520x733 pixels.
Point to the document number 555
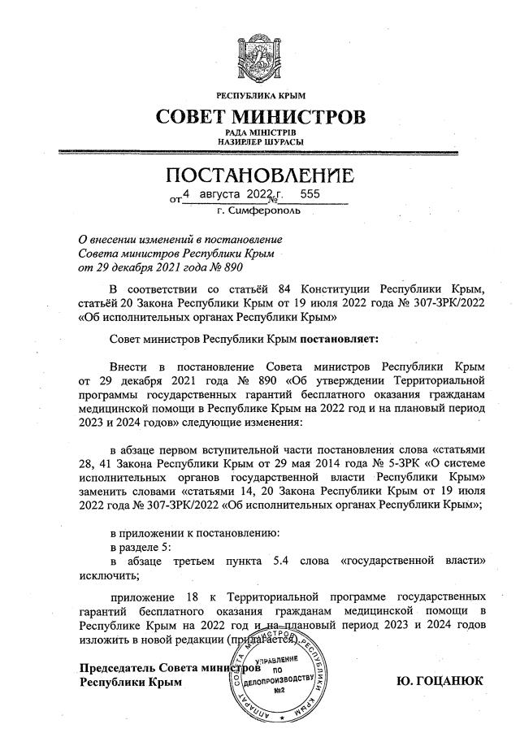(x=311, y=195)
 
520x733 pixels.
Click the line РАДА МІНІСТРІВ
(x=260, y=132)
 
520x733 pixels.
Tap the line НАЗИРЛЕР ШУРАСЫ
(x=260, y=142)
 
